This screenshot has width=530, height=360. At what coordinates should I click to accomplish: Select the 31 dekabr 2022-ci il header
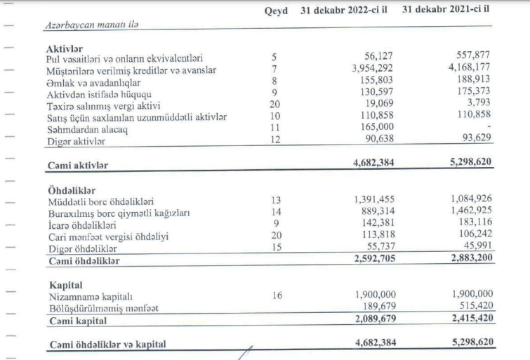pyautogui.click(x=348, y=13)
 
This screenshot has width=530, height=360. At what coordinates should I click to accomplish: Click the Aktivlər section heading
pyautogui.click(x=67, y=48)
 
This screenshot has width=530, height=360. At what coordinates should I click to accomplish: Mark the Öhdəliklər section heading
pyautogui.click(x=72, y=190)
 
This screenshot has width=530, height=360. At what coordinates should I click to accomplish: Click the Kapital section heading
pyautogui.click(x=65, y=285)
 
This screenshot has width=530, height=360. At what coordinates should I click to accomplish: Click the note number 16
pyautogui.click(x=279, y=297)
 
